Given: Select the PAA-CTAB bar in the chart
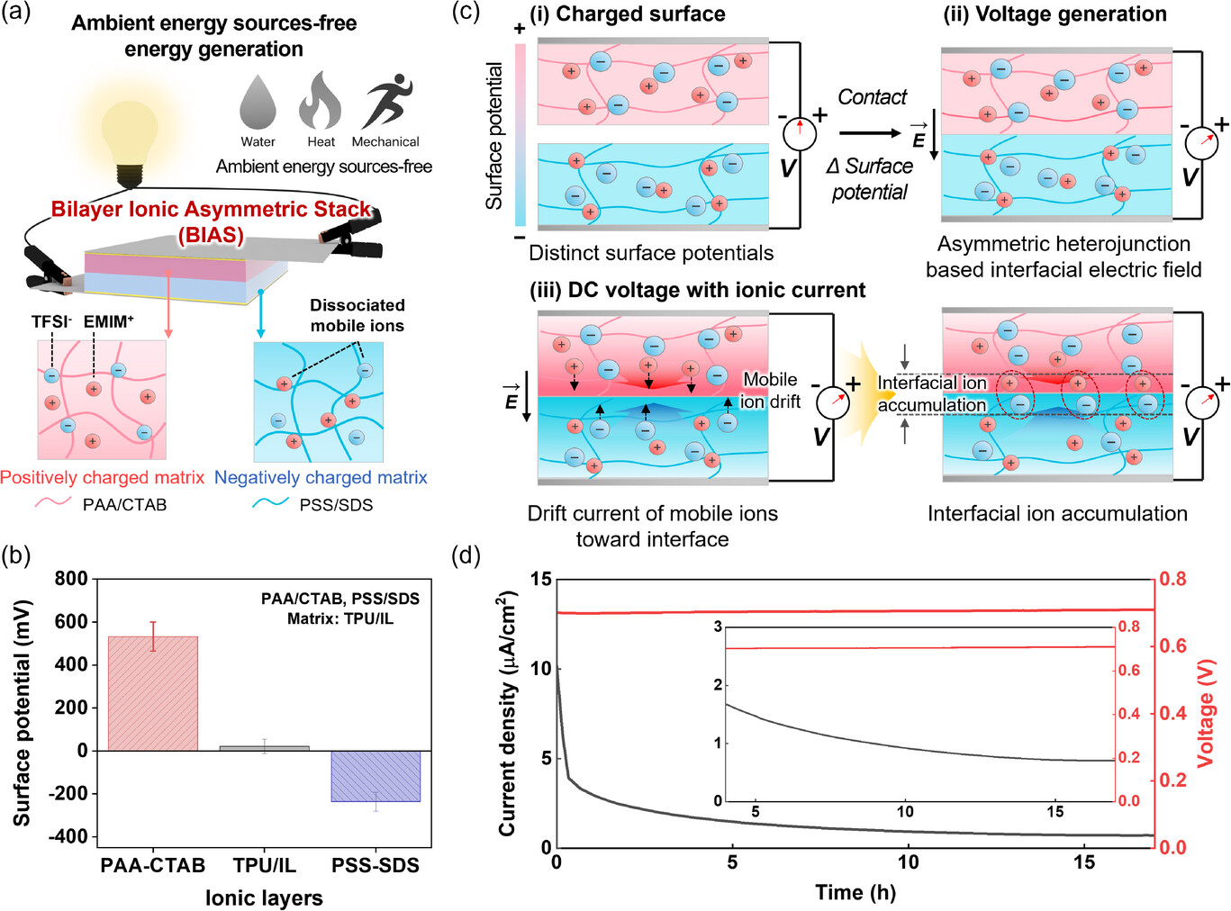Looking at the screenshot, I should point(152,694).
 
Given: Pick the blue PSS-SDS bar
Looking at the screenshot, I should point(376,776).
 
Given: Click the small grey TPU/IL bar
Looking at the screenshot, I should point(264,747).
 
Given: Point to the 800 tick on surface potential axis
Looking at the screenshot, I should point(71,579).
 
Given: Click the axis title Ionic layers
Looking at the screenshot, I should point(264,897).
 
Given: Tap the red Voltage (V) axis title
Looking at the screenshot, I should point(1206,713).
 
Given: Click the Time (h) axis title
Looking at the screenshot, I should point(855,892).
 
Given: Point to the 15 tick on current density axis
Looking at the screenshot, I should point(540,579).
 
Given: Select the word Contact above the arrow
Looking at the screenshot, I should point(872,97).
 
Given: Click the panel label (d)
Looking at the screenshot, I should point(466,555).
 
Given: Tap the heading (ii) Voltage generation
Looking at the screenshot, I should point(1054,14).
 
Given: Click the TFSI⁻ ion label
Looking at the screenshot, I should point(51,322).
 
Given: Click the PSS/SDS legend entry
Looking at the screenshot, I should point(336,505).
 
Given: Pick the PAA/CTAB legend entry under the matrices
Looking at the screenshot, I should point(124,505).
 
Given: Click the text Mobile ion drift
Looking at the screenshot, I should point(770,391).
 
